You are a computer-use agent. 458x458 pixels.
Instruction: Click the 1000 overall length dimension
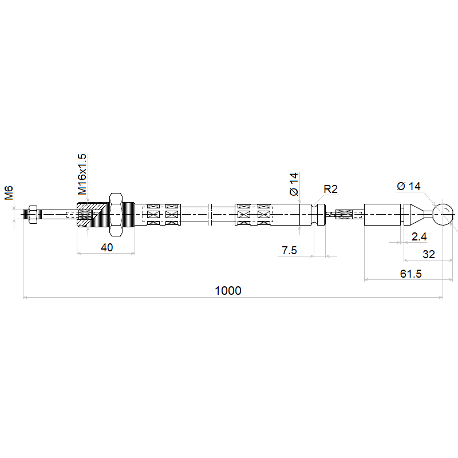[x=228, y=291]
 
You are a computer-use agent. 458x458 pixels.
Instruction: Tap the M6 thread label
[x=9, y=192]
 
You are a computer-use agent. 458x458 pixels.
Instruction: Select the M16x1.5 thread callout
[x=82, y=175]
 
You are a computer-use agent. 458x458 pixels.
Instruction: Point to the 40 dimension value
[x=106, y=247]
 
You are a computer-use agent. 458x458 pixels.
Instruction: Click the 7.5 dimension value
[x=289, y=250]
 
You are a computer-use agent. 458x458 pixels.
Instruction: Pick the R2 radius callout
[x=331, y=189]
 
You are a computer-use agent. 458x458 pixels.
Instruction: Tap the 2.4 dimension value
[x=419, y=236]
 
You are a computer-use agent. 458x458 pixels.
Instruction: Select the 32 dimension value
[x=428, y=254]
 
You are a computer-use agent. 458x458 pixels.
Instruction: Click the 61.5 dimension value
[x=410, y=274]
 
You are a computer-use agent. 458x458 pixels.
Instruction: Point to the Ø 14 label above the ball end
[x=409, y=186]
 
